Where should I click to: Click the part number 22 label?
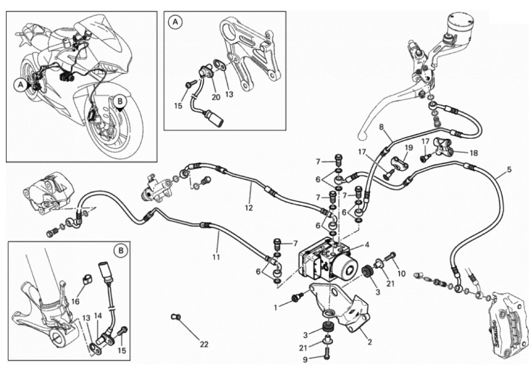[204, 345]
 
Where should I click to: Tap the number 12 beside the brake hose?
[249, 208]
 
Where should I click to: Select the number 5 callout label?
[509, 170]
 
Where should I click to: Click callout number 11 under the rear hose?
[216, 257]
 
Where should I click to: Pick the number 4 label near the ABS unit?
[367, 245]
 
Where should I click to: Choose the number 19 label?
[408, 147]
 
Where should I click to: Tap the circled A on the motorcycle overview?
[19, 83]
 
